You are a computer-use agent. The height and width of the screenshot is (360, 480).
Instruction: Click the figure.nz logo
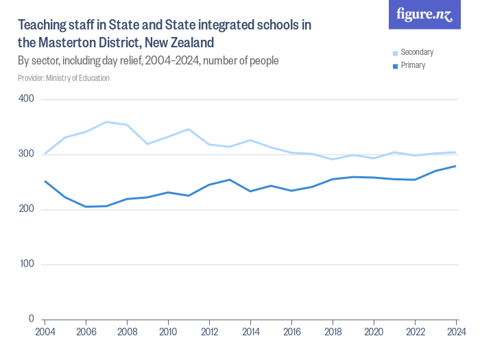point(424,15)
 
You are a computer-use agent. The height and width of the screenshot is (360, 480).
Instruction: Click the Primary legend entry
point(412,66)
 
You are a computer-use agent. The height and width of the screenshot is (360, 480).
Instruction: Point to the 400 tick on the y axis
point(27,99)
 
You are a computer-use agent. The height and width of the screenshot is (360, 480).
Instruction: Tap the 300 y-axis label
point(27,154)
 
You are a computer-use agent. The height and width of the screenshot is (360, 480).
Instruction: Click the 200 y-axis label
point(27,209)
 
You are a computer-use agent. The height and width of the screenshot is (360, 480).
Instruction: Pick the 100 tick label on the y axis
point(27,264)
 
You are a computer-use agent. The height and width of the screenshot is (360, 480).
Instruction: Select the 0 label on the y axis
point(32,319)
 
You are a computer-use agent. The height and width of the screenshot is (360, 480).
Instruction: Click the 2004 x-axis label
point(45,333)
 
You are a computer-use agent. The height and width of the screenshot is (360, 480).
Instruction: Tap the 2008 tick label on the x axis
point(127,333)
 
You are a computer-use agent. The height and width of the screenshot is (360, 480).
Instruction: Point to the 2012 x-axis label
point(209,333)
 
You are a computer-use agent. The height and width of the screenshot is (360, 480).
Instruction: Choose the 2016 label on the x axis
point(291,333)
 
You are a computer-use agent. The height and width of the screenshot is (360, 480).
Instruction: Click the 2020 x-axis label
point(374,333)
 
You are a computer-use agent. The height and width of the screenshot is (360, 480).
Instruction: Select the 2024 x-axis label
point(455,333)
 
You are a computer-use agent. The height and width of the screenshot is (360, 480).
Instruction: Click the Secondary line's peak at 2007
point(106,122)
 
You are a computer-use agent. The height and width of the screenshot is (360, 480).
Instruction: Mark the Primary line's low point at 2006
point(86,206)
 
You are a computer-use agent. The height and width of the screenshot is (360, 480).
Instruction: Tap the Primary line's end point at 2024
point(455,166)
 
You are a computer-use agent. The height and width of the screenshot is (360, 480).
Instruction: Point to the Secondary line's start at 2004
point(45,154)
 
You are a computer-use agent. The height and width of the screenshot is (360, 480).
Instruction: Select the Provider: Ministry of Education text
point(63,78)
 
